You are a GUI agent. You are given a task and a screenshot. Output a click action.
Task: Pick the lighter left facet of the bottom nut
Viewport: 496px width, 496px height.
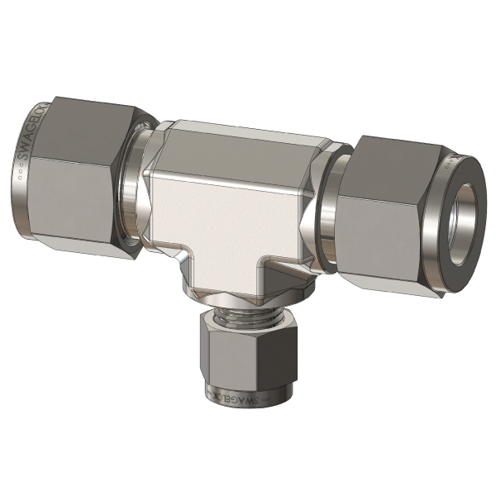(x=218, y=355)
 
